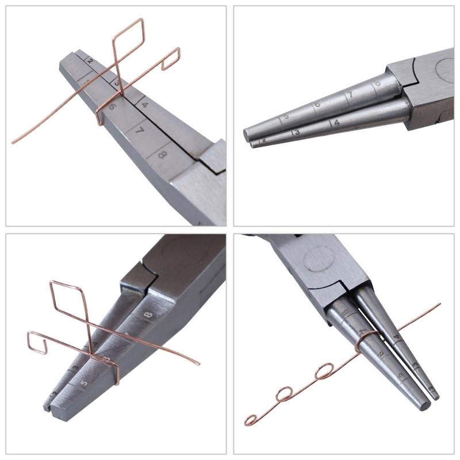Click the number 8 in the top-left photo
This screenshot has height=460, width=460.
(x=162, y=154)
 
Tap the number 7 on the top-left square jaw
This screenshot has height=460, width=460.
(x=140, y=131)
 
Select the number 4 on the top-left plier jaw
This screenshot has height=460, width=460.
(x=144, y=105)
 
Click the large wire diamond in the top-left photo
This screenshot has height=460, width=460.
(x=128, y=42)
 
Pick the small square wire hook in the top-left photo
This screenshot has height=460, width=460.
(x=171, y=59)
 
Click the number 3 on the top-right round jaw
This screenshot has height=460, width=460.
(x=297, y=133)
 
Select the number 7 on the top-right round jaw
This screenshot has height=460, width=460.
(x=348, y=94)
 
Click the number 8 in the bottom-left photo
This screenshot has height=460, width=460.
(x=149, y=315)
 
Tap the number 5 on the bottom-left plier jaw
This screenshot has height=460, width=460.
(x=85, y=382)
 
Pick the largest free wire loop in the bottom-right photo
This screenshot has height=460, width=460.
(x=325, y=371)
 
